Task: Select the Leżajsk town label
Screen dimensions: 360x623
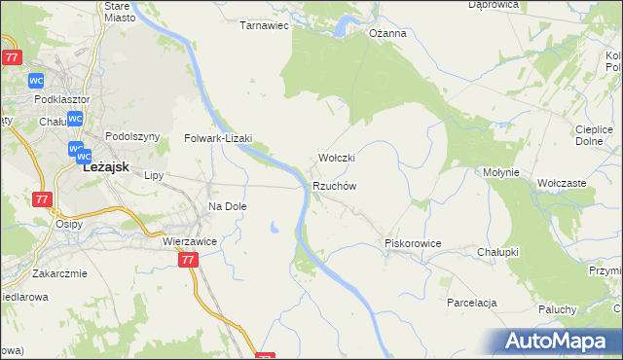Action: [x=107, y=166]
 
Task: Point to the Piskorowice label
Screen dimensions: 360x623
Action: [x=414, y=243]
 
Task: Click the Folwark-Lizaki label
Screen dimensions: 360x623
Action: [x=219, y=139]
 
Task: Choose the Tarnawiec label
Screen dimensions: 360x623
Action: [x=265, y=26]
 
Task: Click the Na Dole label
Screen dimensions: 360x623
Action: [x=228, y=207]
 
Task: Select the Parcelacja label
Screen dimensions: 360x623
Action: [x=473, y=303]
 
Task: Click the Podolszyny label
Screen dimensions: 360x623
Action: [x=131, y=137]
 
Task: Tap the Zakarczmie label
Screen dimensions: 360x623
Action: [x=59, y=273]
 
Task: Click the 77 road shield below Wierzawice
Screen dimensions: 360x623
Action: [x=189, y=261]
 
